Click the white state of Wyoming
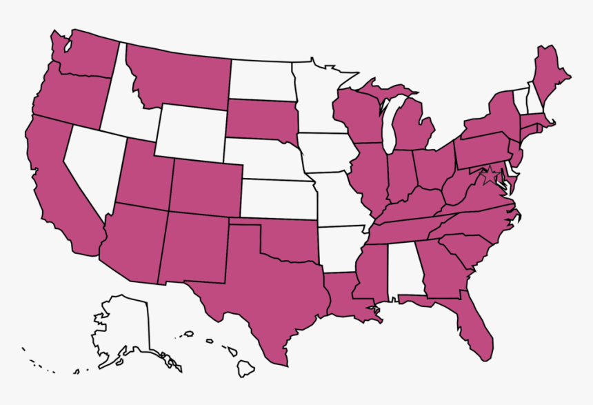click(x=190, y=131)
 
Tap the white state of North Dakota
click(x=261, y=80)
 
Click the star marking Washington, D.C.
click(x=490, y=176)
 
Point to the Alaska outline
click(x=124, y=328)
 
